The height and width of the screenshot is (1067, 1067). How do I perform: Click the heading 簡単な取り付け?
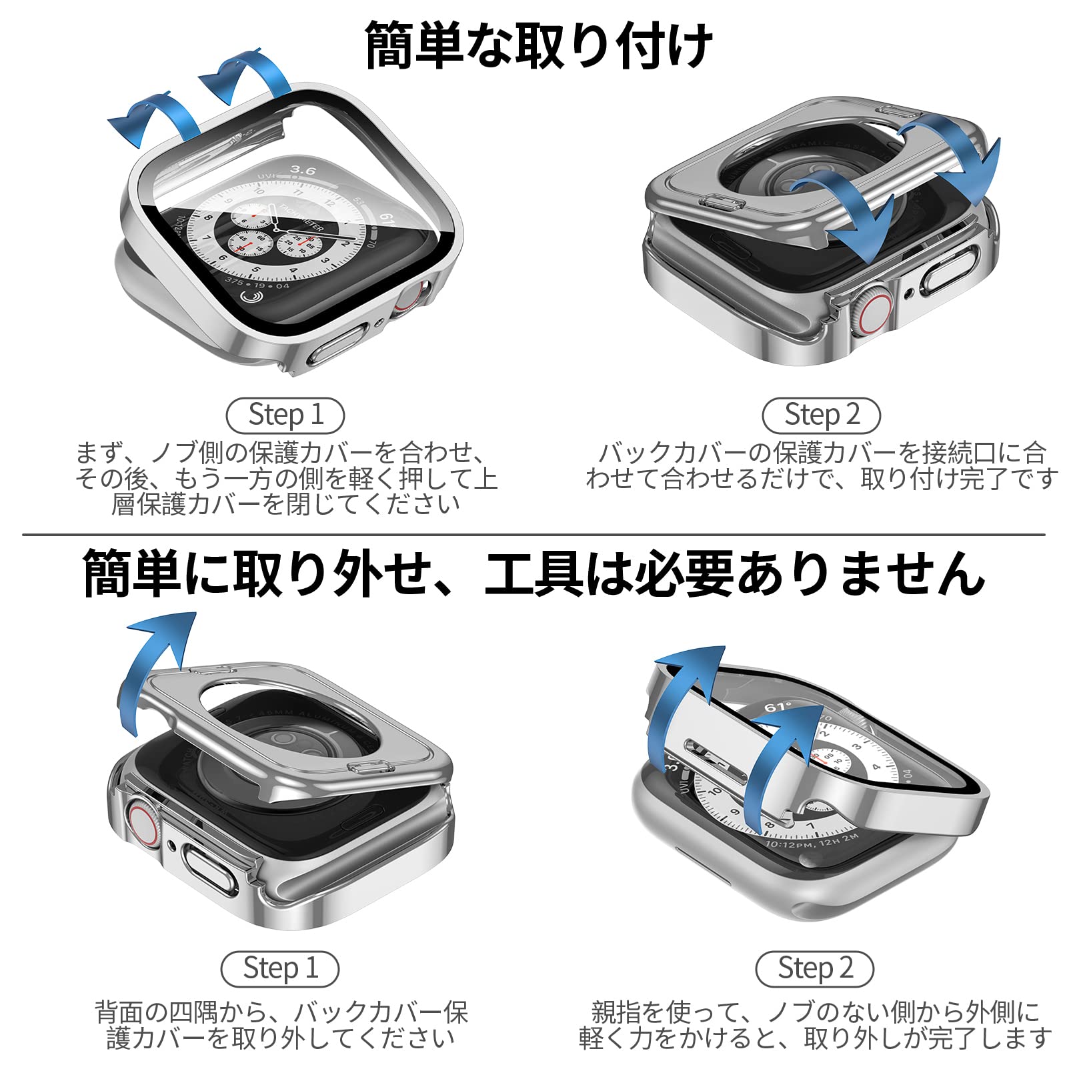click(x=539, y=45)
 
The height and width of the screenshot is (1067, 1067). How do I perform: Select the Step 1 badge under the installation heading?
click(x=285, y=415)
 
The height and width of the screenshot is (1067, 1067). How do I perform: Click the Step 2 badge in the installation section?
click(x=821, y=415)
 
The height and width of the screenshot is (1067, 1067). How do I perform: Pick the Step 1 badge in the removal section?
click(x=280, y=969)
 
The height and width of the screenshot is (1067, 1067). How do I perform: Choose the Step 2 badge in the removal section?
click(x=814, y=969)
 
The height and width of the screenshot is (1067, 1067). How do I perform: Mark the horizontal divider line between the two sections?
click(x=533, y=534)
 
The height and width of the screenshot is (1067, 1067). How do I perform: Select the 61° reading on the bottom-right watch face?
click(x=778, y=708)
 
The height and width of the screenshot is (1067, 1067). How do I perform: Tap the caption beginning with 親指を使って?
click(x=815, y=1024)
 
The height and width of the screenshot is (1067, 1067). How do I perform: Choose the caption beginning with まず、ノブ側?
click(x=285, y=477)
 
